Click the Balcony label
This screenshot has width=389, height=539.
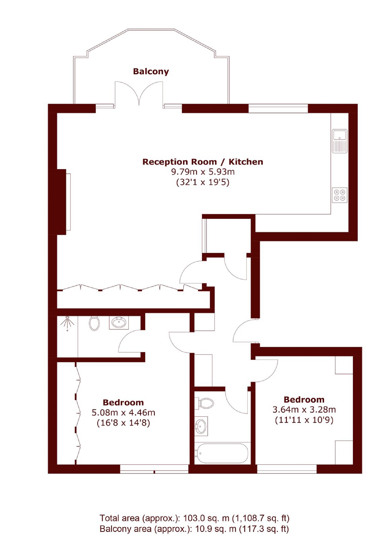coord(151,71)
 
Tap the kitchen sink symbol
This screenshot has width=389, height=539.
coord(340,141)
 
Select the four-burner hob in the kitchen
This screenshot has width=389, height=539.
coord(340,195)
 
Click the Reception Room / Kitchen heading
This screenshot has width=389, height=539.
coord(202,162)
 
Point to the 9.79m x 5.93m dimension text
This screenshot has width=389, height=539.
coord(202,172)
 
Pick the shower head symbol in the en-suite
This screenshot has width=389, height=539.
coord(67,322)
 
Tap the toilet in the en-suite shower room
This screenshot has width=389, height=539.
coord(94,323)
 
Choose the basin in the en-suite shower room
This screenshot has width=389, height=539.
coord(119,323)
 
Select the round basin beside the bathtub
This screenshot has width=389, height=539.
coord(201,426)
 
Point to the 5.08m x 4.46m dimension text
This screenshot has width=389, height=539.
coord(123,413)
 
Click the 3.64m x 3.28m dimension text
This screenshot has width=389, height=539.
coord(304,410)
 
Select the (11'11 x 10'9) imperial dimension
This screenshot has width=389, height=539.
coord(304,420)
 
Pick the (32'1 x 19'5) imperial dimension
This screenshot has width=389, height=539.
coord(202,182)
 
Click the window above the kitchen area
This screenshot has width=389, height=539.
coord(278,108)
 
